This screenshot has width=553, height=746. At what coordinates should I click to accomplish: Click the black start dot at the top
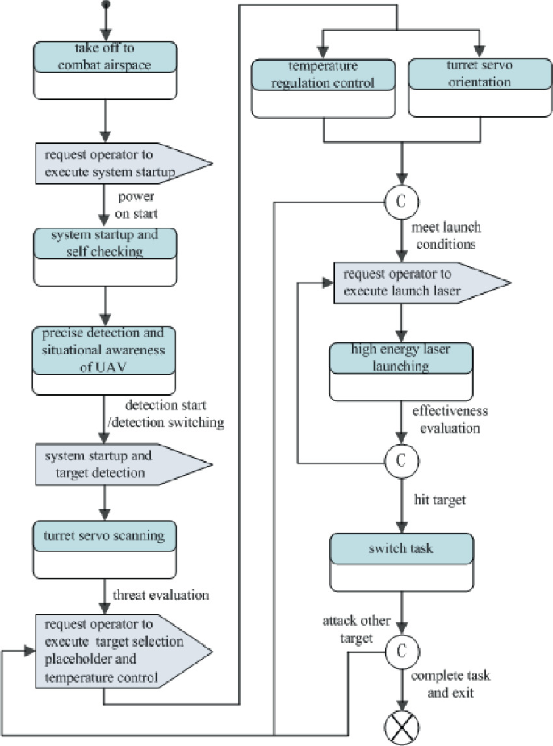click(x=105, y=6)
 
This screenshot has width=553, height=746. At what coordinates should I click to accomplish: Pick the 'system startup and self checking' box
click(x=105, y=257)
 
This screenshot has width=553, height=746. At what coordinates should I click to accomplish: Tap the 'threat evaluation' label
click(x=161, y=595)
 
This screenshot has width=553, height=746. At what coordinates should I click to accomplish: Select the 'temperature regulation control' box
click(x=324, y=88)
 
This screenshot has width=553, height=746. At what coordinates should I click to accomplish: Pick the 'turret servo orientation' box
click(x=480, y=88)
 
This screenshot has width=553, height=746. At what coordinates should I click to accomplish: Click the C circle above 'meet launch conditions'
click(x=400, y=201)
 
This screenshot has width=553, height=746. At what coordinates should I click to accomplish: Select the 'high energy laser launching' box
click(x=401, y=371)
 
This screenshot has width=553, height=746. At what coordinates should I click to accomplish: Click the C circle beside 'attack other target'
click(x=400, y=648)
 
